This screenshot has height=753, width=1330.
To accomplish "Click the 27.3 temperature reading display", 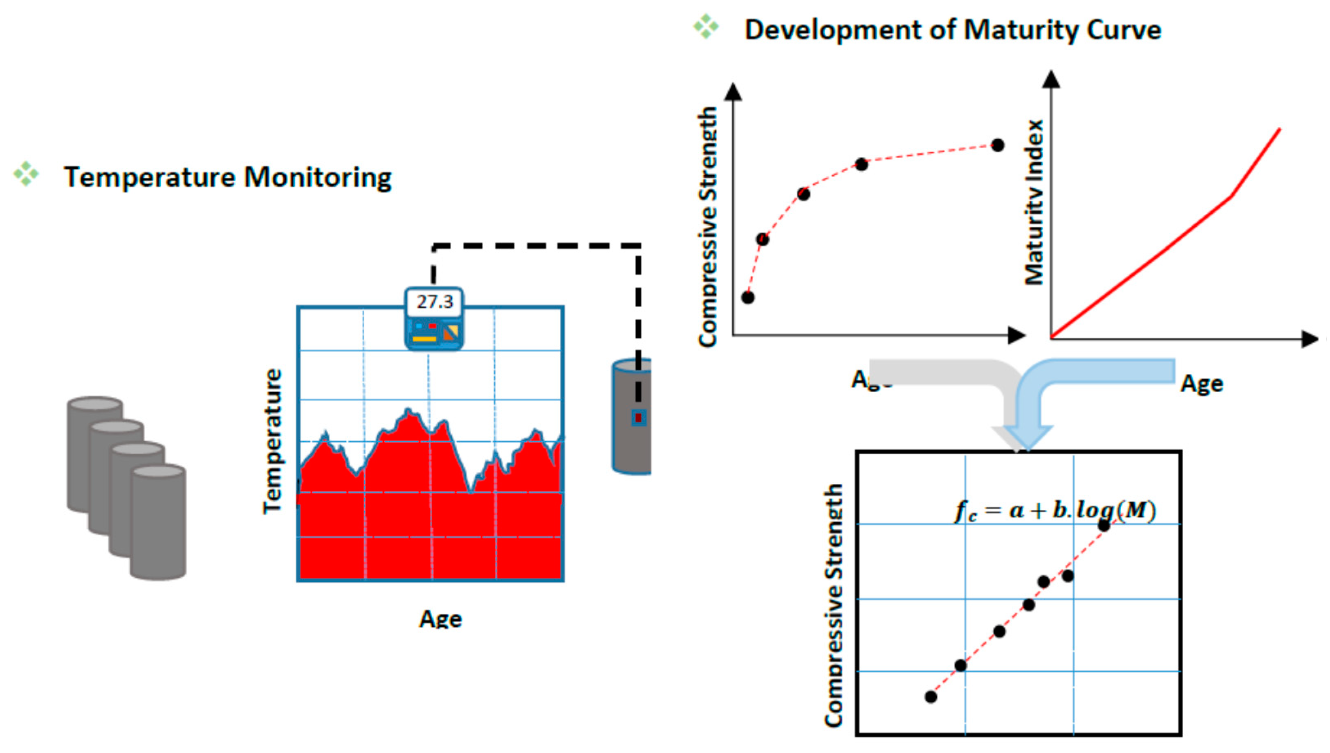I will pyautogui.click(x=434, y=302).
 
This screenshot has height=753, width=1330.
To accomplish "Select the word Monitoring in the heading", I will pyautogui.click(x=317, y=177).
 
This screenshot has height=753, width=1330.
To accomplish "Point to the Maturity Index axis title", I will pyautogui.click(x=1034, y=202).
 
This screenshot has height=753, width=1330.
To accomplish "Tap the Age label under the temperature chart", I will pyautogui.click(x=440, y=619).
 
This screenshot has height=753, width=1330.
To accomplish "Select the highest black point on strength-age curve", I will pyautogui.click(x=998, y=145).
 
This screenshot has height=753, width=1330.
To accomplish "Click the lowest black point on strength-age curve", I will pyautogui.click(x=748, y=297).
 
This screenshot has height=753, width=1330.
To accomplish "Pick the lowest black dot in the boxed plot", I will pyautogui.click(x=931, y=697).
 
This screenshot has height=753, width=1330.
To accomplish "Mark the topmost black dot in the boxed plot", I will pyautogui.click(x=1104, y=525).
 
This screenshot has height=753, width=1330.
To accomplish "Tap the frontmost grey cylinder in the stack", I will pyautogui.click(x=158, y=522).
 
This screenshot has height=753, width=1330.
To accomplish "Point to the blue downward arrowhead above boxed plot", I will pyautogui.click(x=1027, y=438).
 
